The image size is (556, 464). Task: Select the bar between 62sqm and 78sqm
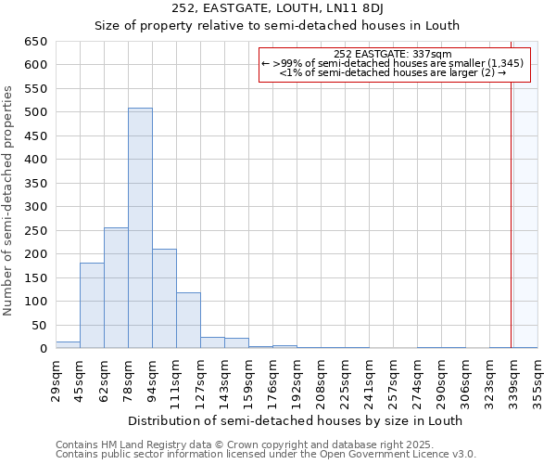(116, 288)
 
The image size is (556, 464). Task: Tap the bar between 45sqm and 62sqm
(92, 305)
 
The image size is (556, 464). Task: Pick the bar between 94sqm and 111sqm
(164, 299)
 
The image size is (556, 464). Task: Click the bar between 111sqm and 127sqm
(188, 320)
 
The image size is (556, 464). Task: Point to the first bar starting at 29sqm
(68, 344)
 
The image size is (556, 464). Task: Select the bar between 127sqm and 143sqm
(212, 342)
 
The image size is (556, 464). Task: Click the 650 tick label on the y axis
(35, 42)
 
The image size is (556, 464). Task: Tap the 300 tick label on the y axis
(35, 207)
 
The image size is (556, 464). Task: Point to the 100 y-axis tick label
(35, 302)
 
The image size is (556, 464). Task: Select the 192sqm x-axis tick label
(297, 380)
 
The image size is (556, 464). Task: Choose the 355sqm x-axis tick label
(537, 380)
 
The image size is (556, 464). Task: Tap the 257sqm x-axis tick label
(393, 380)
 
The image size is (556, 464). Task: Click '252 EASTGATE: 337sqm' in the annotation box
(392, 54)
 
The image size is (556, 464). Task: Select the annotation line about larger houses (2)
(392, 71)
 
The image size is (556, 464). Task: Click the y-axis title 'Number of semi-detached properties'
(8, 200)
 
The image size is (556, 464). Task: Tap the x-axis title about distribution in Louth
(295, 420)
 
